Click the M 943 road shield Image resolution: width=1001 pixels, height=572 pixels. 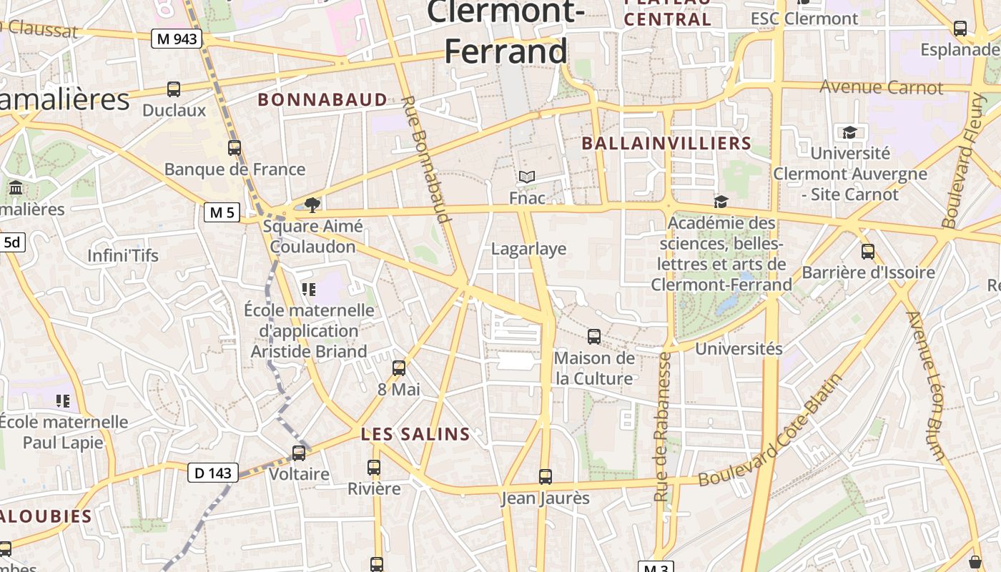coord(176,39)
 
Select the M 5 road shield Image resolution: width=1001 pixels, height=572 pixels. coord(222,212)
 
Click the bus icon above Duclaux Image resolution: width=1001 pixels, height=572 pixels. coord(174,89)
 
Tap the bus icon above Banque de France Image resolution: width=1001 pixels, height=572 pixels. coord(235,148)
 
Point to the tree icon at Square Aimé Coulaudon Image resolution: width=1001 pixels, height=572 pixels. coord(312,205)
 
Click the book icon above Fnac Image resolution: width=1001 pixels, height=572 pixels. coord(527,177)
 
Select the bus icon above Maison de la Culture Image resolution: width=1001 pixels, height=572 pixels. coord(594,336)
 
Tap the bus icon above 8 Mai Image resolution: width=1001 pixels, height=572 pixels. coord(399,368)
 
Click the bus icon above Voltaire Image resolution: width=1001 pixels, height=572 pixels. coord(299,453)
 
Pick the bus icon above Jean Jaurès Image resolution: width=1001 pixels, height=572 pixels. coord(546,476)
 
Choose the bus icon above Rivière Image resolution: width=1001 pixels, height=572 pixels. coord(374,468)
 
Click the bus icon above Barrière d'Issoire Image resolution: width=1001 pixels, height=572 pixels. coord(868,252)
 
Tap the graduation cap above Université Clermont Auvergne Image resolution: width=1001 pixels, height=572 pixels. coord(849,132)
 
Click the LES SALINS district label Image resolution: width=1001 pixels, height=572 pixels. coord(415,434)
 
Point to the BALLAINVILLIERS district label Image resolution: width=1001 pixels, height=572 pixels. coord(666,144)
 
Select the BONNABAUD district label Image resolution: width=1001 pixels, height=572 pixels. coord(322,100)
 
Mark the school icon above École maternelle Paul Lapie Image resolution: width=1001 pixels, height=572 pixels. coord(63,401)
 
